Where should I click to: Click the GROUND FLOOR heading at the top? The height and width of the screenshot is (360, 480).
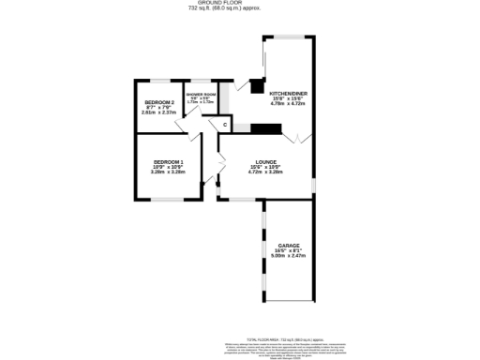point(240,3)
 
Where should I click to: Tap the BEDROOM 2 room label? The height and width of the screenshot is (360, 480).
point(159,102)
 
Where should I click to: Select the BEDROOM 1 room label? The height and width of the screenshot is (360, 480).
point(169,164)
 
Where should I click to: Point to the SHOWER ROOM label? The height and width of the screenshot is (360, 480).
point(201,95)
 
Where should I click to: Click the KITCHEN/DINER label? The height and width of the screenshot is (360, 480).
point(287,94)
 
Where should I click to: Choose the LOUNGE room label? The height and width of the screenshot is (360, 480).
point(264,162)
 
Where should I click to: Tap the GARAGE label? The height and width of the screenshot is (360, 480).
point(289,246)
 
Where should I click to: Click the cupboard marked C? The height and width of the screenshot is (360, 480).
point(225,125)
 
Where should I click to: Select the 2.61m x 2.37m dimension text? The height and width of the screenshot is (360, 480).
point(159,112)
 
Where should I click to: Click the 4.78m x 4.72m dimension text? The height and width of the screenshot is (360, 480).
point(287,104)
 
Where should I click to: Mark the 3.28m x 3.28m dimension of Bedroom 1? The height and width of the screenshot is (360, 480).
point(169,173)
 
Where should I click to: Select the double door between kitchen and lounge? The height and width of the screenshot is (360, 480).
point(302,139)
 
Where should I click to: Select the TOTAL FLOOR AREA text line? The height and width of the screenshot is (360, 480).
point(284,338)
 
